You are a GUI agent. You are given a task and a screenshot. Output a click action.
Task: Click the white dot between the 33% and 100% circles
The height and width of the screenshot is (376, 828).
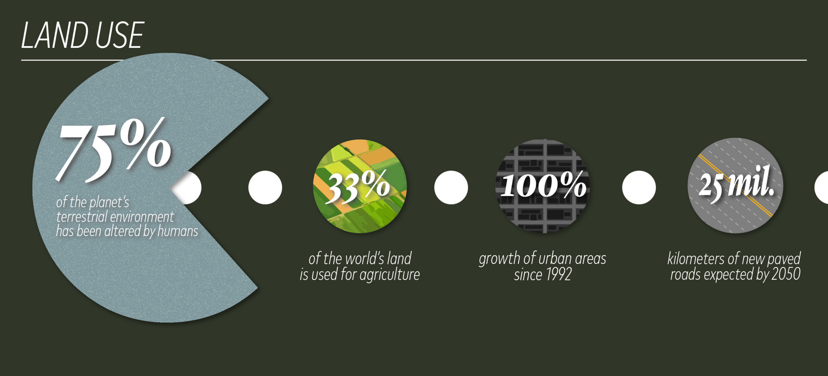(x=451, y=187)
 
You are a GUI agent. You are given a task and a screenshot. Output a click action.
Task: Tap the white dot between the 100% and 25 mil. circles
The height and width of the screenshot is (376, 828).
(x=639, y=187)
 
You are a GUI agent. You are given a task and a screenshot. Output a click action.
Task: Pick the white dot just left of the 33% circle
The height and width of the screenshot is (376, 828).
(x=265, y=187)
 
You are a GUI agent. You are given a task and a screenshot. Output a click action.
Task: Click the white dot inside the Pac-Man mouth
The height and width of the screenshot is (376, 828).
(x=191, y=187)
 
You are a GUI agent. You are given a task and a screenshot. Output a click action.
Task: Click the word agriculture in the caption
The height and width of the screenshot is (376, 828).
(x=389, y=275)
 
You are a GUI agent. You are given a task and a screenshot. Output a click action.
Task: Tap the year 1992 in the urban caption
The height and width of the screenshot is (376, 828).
(x=559, y=275)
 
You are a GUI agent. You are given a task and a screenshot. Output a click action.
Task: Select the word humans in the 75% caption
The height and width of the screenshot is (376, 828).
(x=178, y=231)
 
